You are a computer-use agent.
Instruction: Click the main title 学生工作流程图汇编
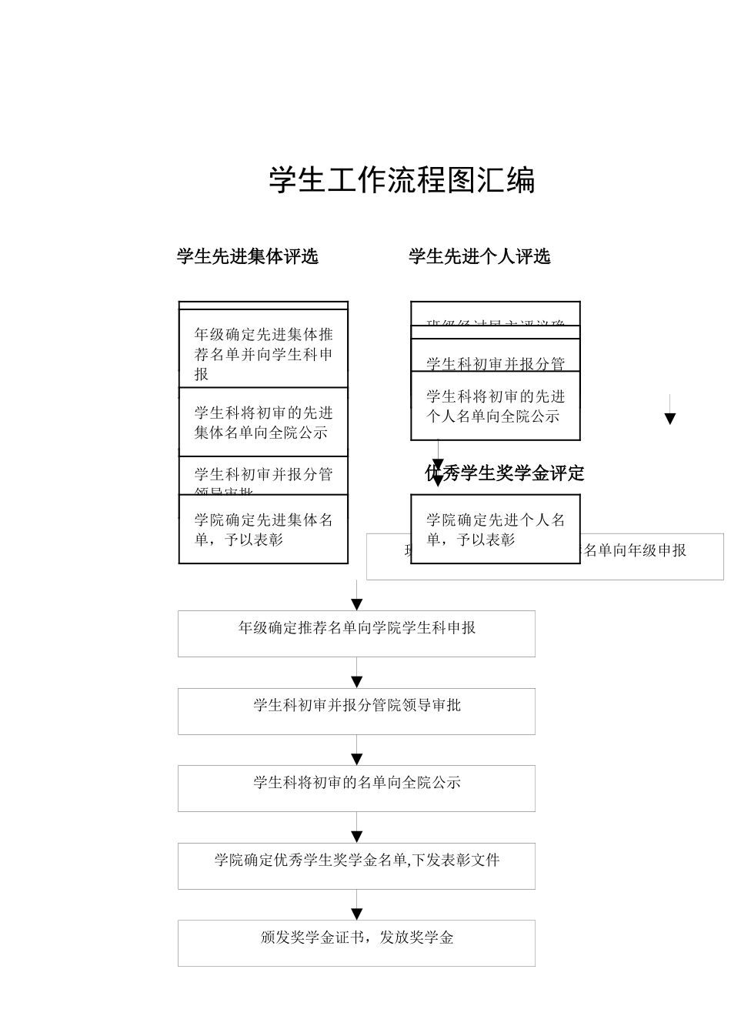click(x=402, y=180)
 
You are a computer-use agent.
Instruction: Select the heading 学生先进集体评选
click(x=247, y=256)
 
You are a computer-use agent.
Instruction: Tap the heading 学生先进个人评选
click(x=479, y=256)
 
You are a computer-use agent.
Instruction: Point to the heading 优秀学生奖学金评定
click(x=505, y=473)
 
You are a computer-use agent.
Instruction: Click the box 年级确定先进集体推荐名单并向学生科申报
click(x=263, y=353)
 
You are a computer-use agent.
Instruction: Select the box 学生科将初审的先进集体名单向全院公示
click(x=263, y=423)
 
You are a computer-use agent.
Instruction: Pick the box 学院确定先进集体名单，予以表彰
click(x=263, y=530)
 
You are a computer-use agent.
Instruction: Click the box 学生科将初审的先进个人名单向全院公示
click(x=495, y=406)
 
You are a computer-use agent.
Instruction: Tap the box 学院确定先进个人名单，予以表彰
click(x=495, y=530)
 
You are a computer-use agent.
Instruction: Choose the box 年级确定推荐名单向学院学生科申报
click(x=356, y=633)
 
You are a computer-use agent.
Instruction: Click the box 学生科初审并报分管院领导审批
click(x=356, y=710)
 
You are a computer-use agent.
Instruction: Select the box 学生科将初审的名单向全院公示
click(x=356, y=788)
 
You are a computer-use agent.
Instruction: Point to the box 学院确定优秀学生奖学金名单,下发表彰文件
click(x=356, y=866)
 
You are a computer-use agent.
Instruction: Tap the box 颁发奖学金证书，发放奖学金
click(x=356, y=943)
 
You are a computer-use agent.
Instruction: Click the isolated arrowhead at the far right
click(x=669, y=418)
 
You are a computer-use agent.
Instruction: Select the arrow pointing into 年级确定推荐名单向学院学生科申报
click(x=357, y=604)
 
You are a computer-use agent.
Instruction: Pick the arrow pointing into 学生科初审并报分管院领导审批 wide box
click(x=357, y=681)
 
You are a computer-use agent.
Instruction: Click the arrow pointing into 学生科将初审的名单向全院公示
click(x=357, y=759)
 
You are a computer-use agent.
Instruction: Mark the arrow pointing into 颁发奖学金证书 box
click(x=357, y=914)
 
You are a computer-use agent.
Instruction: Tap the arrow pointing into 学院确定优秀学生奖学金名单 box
click(x=357, y=837)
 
